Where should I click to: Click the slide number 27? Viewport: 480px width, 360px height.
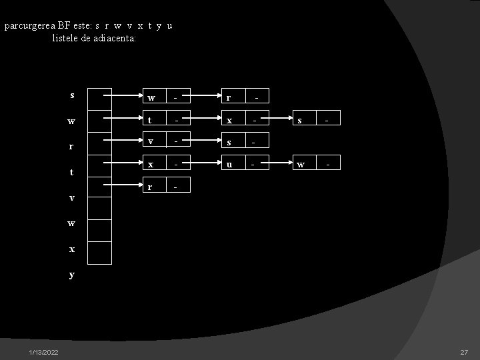coord(464,352)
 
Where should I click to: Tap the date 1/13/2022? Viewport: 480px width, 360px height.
coord(43,352)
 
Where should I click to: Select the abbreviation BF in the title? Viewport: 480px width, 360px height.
coord(64,26)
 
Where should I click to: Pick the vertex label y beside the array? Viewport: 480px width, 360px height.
coord(72,274)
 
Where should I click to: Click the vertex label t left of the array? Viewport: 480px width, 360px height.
coord(72,172)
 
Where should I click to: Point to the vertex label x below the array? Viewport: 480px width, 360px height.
coord(72,249)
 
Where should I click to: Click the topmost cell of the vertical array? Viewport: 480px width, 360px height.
coord(100,97)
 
